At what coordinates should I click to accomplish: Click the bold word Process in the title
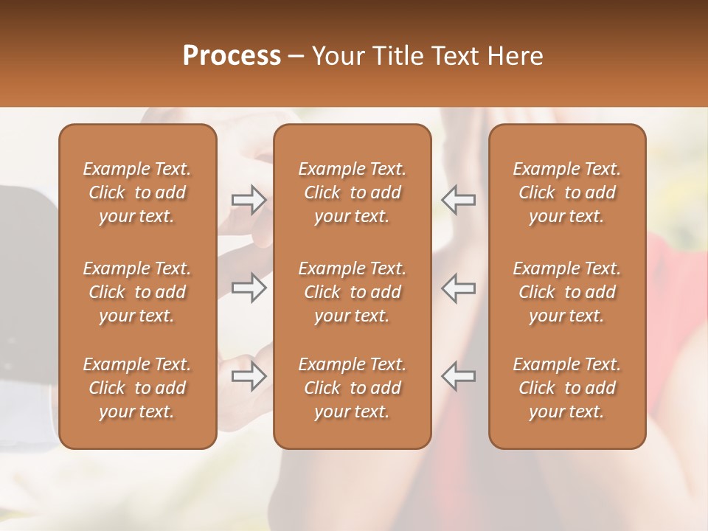pos(232,56)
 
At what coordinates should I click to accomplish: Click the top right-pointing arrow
pos(249,199)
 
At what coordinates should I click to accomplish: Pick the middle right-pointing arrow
pos(249,288)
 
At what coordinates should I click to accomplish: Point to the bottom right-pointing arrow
pos(249,376)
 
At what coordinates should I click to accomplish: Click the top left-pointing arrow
pos(458,199)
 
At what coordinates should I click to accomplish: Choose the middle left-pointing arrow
pos(458,288)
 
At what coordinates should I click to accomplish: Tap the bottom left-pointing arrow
pos(458,376)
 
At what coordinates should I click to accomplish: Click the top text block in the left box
pos(137,192)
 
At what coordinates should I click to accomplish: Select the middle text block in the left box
pos(137,292)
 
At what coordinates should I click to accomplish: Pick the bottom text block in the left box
pos(137,388)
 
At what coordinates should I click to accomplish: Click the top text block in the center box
pos(353,192)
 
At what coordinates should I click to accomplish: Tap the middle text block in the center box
pos(353,292)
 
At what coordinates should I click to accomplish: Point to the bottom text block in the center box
pos(353,388)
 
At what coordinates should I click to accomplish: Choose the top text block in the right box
pos(567,192)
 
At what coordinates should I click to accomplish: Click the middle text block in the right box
pos(567,292)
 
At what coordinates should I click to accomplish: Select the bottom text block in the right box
pos(567,388)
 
